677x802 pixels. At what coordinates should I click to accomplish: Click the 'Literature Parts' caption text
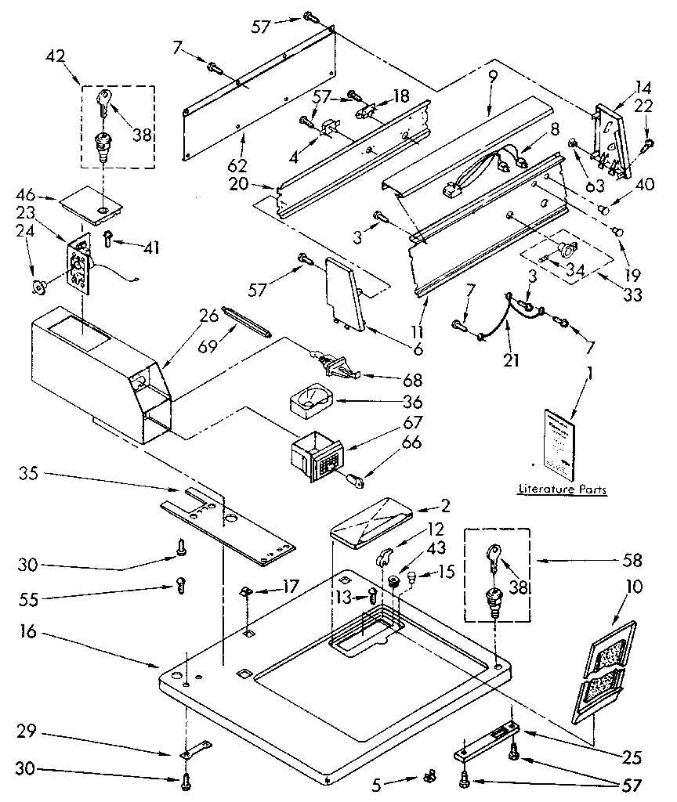(x=562, y=490)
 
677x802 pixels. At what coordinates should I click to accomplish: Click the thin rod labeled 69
(x=245, y=322)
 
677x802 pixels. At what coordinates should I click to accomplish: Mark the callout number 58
(x=632, y=560)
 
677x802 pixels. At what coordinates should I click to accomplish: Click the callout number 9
(x=492, y=78)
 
